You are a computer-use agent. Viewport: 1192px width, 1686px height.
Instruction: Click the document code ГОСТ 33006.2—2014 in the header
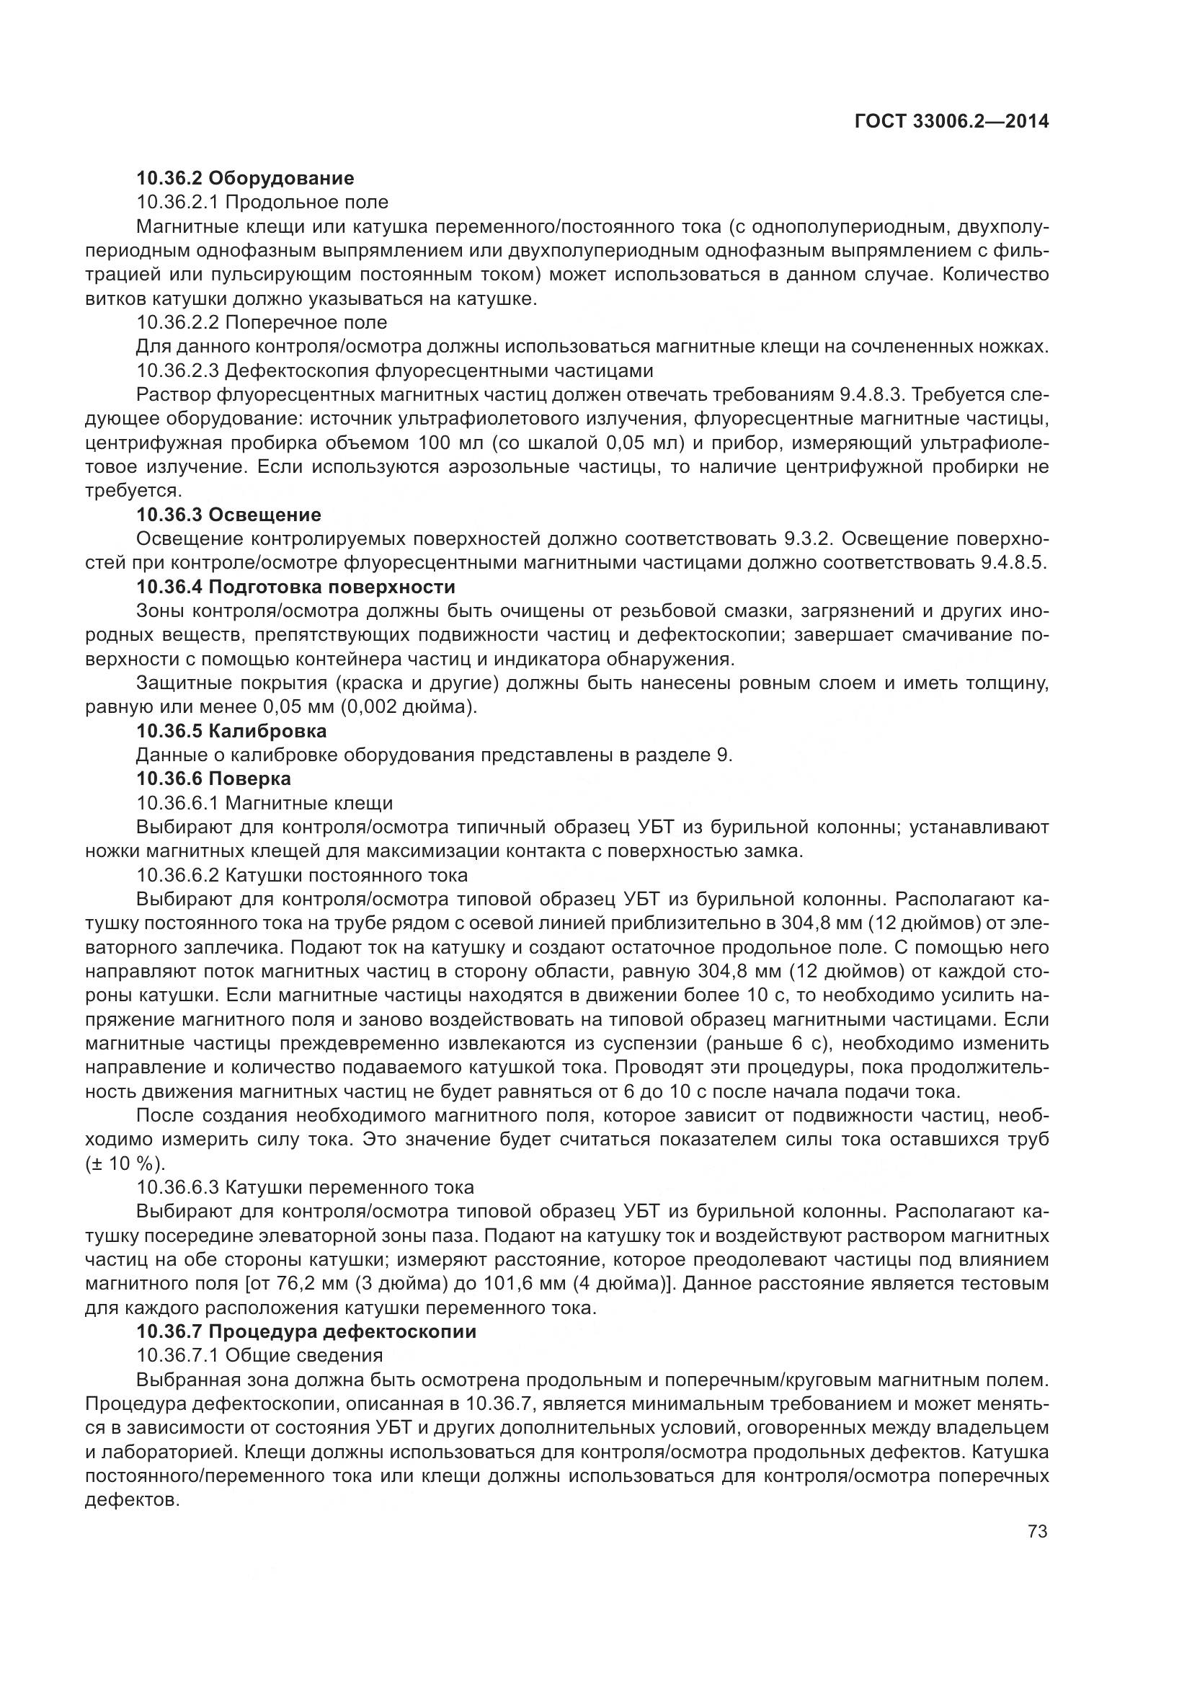pos(951,122)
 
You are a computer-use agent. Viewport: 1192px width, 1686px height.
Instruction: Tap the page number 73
pos(1037,1532)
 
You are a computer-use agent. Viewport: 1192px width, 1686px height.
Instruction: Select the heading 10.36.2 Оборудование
pos(245,178)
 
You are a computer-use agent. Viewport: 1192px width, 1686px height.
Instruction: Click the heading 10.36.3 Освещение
pos(228,514)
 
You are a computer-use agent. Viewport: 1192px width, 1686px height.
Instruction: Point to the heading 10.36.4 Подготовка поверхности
pos(295,587)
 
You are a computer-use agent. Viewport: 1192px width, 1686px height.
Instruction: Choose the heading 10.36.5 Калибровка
pos(231,731)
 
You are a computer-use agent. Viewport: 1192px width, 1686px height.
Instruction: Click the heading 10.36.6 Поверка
pos(213,778)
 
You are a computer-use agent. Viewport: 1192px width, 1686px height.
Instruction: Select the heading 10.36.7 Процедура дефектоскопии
pos(306,1331)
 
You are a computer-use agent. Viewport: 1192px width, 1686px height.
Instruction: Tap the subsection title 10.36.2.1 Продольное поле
pos(262,202)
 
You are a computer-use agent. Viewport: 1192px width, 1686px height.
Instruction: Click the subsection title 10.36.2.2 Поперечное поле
pos(262,322)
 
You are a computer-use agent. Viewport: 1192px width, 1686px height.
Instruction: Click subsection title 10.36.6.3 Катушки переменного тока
pos(305,1187)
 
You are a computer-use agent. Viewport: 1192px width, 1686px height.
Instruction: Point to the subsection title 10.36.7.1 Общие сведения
pos(259,1356)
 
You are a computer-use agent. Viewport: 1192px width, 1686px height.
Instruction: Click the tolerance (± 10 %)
pos(125,1164)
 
